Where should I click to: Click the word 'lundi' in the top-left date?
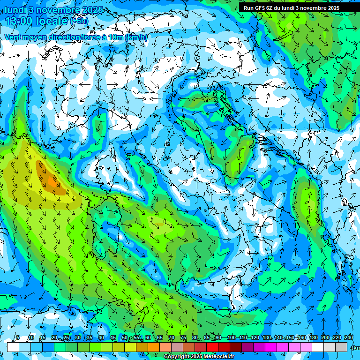[x=15, y=9]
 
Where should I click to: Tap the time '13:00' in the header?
[x=19, y=21]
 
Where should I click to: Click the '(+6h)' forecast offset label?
[x=79, y=22]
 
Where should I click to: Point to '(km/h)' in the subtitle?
[x=136, y=37]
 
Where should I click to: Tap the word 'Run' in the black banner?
[x=249, y=8]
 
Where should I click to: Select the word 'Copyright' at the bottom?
[x=176, y=357]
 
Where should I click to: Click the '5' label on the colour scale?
[x=18, y=338]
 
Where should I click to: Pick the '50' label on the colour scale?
[x=125, y=338]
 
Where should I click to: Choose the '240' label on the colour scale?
[x=349, y=338]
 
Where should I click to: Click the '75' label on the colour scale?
[x=183, y=338]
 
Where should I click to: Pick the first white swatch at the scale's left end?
[x=13, y=347]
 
